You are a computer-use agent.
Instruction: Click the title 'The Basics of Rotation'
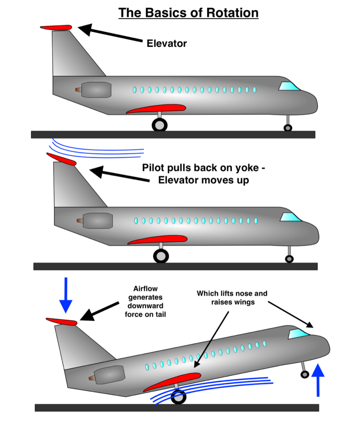(188, 12)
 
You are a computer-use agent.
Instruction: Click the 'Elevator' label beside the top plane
(167, 44)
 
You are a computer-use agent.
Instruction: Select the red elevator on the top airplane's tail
(56, 28)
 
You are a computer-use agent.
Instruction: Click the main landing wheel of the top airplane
(160, 125)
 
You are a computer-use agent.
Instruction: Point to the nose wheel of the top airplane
(288, 128)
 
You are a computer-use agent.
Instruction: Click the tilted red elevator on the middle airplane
(61, 159)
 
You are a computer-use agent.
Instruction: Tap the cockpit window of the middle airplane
(290, 217)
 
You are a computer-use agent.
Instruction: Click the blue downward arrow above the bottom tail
(65, 295)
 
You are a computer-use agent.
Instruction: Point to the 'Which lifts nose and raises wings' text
(232, 297)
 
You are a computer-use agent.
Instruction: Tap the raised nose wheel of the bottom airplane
(305, 374)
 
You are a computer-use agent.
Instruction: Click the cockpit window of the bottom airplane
(298, 334)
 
